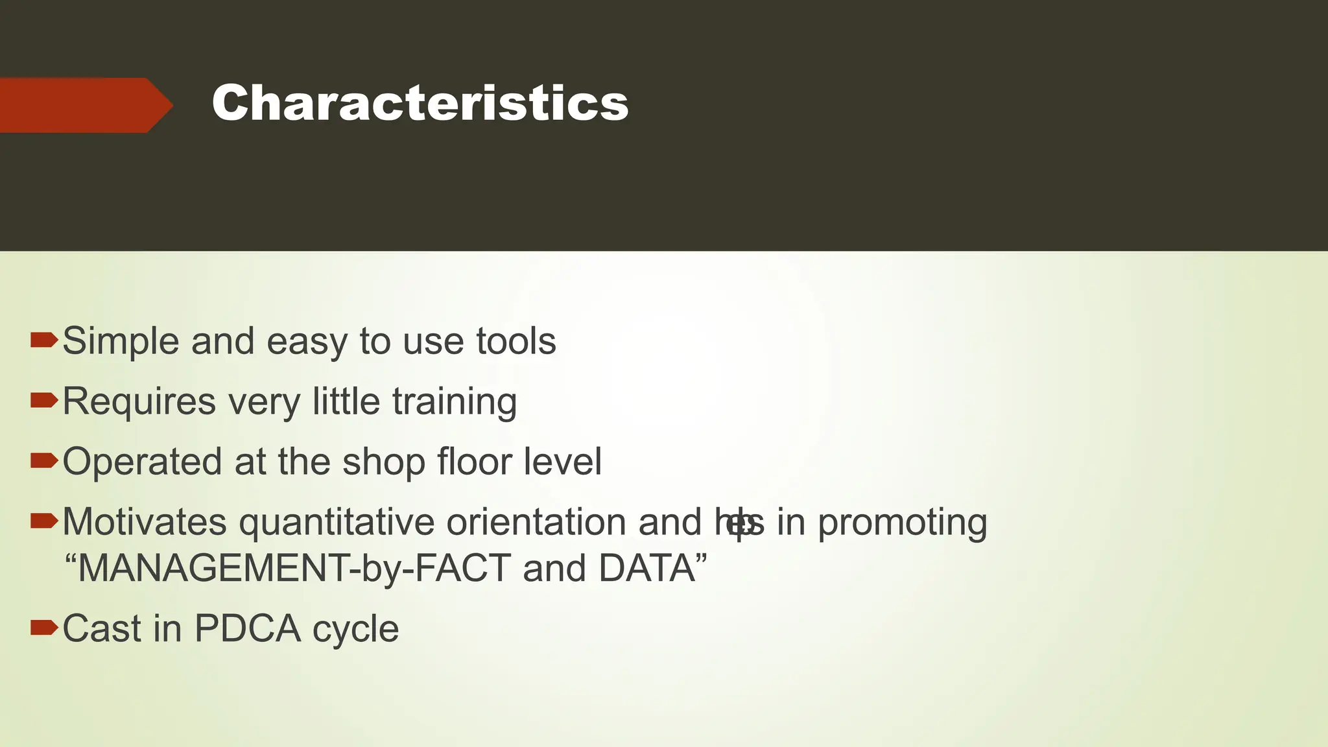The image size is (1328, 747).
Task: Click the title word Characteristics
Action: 420,104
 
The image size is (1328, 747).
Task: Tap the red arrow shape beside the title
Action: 84,105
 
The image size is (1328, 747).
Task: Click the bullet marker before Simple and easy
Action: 44,340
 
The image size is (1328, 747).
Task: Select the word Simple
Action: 120,342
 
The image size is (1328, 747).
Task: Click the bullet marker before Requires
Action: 44,400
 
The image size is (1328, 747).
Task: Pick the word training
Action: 455,402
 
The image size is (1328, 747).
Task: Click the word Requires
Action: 139,402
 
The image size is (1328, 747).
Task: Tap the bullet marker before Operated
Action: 44,460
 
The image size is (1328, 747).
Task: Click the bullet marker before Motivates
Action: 44,520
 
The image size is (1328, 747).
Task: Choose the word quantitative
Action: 337,523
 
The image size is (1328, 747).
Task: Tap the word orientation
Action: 536,522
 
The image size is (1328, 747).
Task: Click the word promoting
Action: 902,523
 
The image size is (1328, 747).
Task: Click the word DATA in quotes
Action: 646,569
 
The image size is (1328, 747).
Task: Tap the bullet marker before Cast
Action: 44,627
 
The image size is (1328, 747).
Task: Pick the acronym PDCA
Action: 247,628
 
